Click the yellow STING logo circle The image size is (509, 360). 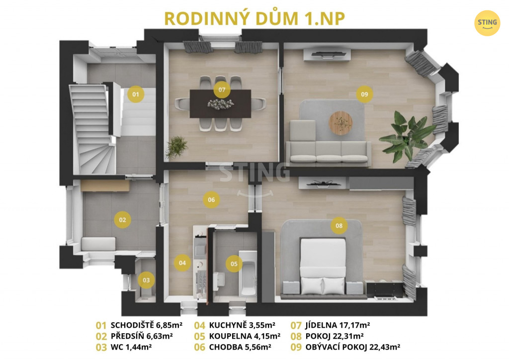(x=487, y=23)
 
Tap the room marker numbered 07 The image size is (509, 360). (x=222, y=90)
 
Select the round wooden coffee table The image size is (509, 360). (x=340, y=123)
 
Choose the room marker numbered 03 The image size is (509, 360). (x=146, y=280)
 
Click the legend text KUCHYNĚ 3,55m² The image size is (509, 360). (x=242, y=325)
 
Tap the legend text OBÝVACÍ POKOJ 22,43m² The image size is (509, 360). (x=352, y=347)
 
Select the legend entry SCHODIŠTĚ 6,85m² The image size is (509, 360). (x=146, y=325)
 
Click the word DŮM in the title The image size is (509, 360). (x=276, y=18)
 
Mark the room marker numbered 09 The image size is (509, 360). (x=364, y=94)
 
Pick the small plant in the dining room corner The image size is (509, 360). (x=176, y=147)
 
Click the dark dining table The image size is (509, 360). (x=220, y=103)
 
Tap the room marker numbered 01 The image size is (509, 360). (x=136, y=94)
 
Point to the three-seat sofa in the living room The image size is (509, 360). (x=328, y=152)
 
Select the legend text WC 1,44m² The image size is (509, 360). (x=131, y=347)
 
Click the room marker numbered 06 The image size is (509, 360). (x=211, y=199)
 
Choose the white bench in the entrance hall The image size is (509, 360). (x=98, y=244)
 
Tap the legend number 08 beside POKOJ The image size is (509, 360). (x=296, y=336)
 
